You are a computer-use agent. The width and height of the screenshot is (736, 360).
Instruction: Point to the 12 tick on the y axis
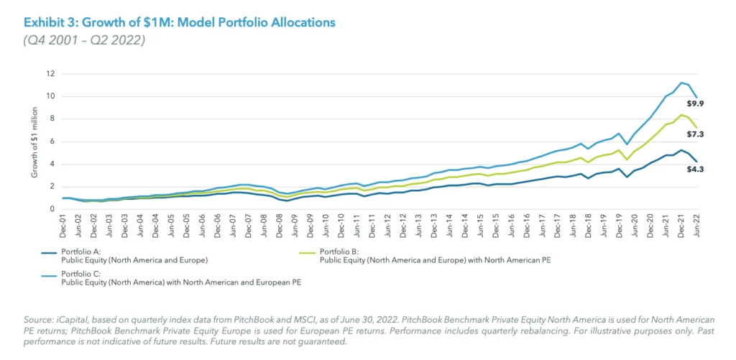pyautogui.click(x=51, y=73)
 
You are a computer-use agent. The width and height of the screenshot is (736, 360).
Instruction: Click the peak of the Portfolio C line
pyautogui.click(x=681, y=83)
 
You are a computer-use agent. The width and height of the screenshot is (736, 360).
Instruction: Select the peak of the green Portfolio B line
pyautogui.click(x=681, y=115)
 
